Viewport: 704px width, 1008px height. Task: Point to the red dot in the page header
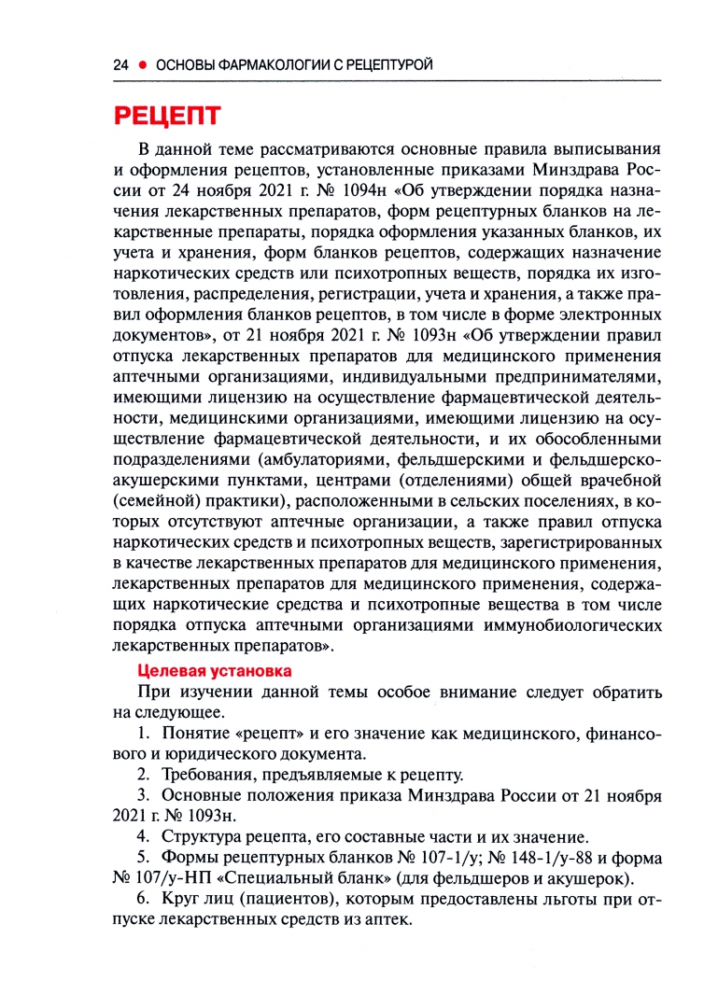pyautogui.click(x=143, y=64)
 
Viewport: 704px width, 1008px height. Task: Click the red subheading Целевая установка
pyautogui.click(x=215, y=670)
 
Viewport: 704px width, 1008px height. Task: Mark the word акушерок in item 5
pyautogui.click(x=596, y=879)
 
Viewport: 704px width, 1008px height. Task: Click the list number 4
pyautogui.click(x=143, y=836)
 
